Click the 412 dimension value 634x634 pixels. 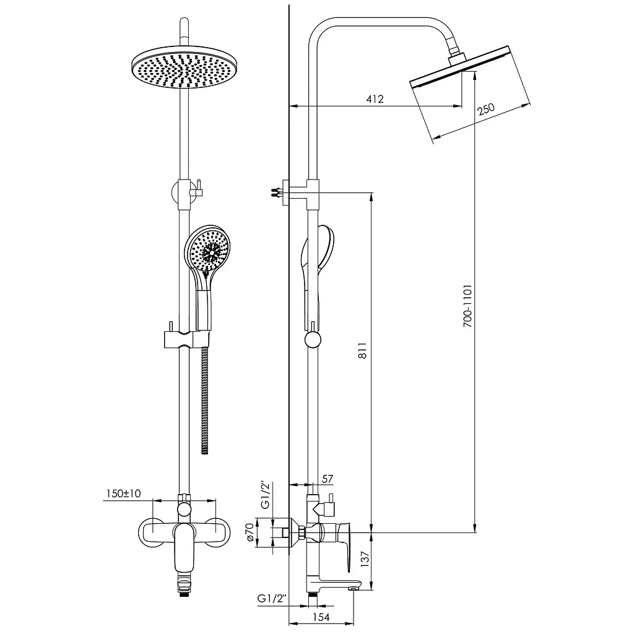(x=375, y=99)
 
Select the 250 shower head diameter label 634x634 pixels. (x=485, y=109)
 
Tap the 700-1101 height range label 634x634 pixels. (x=467, y=306)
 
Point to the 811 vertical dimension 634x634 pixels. (x=362, y=350)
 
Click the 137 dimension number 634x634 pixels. (x=365, y=559)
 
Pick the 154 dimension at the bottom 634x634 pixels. (x=321, y=617)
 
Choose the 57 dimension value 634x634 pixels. (x=328, y=479)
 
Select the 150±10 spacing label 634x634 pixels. (x=123, y=493)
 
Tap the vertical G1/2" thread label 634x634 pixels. (x=265, y=495)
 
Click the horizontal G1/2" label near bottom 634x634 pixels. (x=272, y=599)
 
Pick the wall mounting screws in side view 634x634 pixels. (x=277, y=192)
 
